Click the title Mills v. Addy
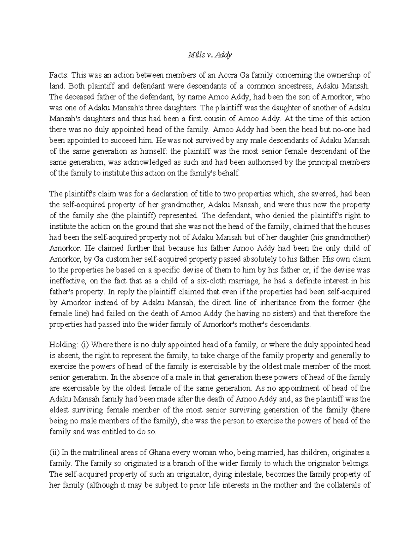[x=210, y=55]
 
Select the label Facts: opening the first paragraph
[x=60, y=75]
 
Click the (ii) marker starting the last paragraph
[x=54, y=453]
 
